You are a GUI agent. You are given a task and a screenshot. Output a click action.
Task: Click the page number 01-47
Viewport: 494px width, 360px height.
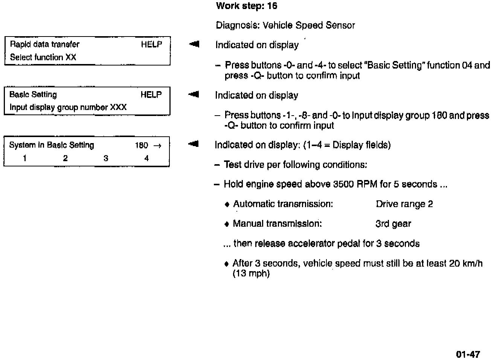[x=468, y=354]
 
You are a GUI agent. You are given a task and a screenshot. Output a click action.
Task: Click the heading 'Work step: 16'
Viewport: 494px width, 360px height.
[x=247, y=6]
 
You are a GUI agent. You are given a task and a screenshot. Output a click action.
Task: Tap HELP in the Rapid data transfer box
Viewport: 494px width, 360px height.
[x=151, y=44]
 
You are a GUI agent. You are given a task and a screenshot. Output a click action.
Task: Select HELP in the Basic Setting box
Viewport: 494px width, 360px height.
[x=151, y=95]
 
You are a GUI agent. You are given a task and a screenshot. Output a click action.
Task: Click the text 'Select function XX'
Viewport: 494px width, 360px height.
[x=43, y=57]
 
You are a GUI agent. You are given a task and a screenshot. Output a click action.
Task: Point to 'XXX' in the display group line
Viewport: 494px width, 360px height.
[x=118, y=107]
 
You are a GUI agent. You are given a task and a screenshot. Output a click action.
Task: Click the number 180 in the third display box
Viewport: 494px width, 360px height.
[x=142, y=145]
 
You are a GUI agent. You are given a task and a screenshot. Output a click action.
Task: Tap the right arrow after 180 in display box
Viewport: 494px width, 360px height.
[x=158, y=146]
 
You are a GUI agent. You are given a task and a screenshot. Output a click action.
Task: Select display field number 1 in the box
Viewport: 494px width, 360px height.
[x=24, y=158]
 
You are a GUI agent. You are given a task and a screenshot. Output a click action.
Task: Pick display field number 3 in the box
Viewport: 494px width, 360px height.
[x=106, y=158]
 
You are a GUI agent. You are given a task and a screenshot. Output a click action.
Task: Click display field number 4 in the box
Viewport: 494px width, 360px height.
[x=146, y=158]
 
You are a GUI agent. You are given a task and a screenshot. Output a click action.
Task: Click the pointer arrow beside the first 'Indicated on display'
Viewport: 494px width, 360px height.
[x=194, y=44]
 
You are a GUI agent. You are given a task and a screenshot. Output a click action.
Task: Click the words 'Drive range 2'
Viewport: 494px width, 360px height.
[x=404, y=204]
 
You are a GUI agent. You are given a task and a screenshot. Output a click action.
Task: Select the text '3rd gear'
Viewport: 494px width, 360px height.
[x=393, y=224]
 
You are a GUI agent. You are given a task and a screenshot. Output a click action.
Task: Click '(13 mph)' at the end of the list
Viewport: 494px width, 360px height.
[x=251, y=273]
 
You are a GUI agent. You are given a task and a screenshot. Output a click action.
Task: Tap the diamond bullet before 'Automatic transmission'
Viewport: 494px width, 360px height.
[x=227, y=204]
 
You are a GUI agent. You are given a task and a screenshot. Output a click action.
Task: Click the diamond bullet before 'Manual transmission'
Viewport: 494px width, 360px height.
[x=227, y=224]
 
